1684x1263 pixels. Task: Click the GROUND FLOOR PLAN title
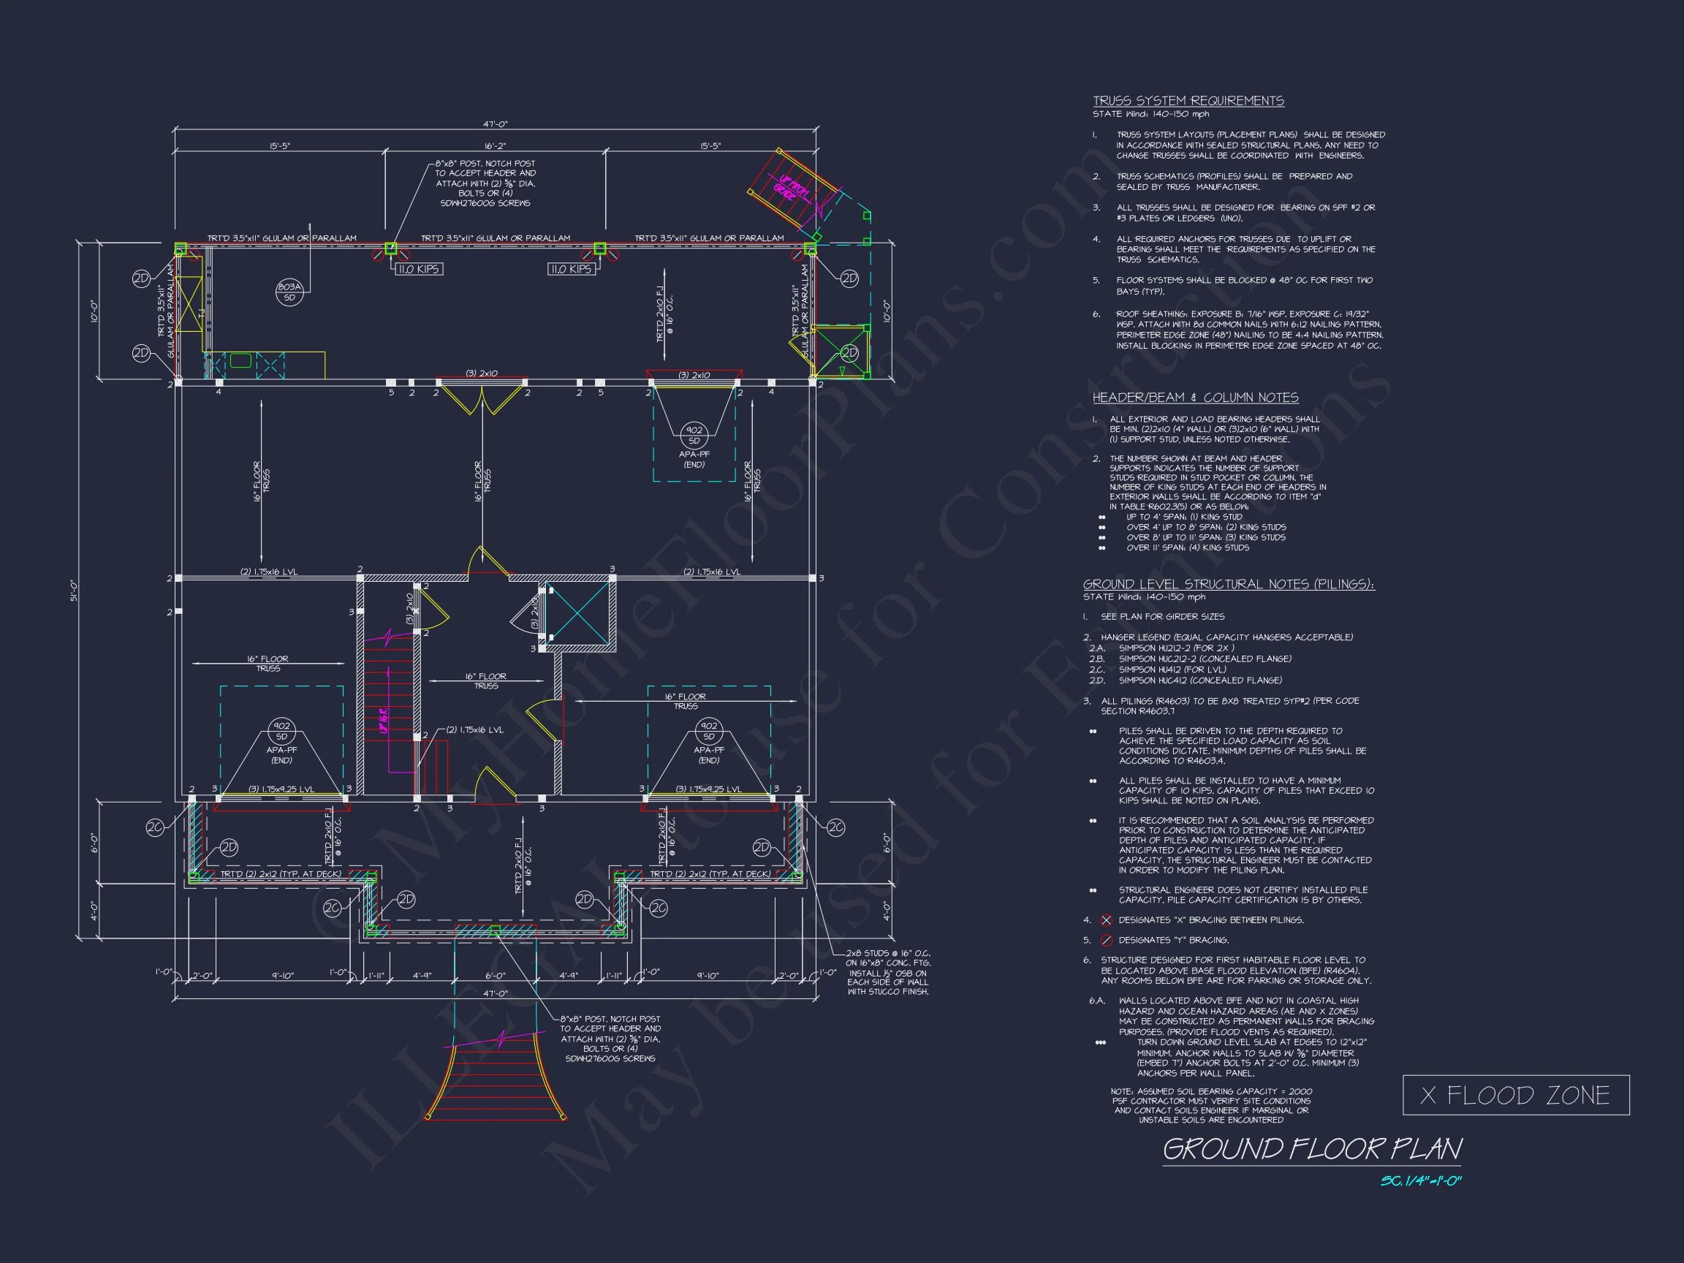click(1312, 1149)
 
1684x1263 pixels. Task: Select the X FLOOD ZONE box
click(1515, 1096)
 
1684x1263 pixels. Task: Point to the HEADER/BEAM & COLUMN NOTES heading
click(1195, 398)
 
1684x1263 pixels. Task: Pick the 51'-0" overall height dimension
click(75, 591)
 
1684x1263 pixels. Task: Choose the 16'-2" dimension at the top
click(495, 145)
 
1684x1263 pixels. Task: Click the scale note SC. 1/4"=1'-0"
click(1422, 1182)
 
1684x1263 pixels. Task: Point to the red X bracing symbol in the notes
click(1106, 919)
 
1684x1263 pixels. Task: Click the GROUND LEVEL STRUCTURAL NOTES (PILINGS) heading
click(1229, 584)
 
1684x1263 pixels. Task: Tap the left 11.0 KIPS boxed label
click(419, 269)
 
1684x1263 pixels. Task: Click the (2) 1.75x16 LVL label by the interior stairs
click(474, 729)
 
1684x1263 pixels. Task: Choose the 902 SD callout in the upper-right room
click(694, 436)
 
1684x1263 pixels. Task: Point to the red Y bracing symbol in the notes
click(1106, 940)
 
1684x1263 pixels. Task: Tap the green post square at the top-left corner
click(181, 249)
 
